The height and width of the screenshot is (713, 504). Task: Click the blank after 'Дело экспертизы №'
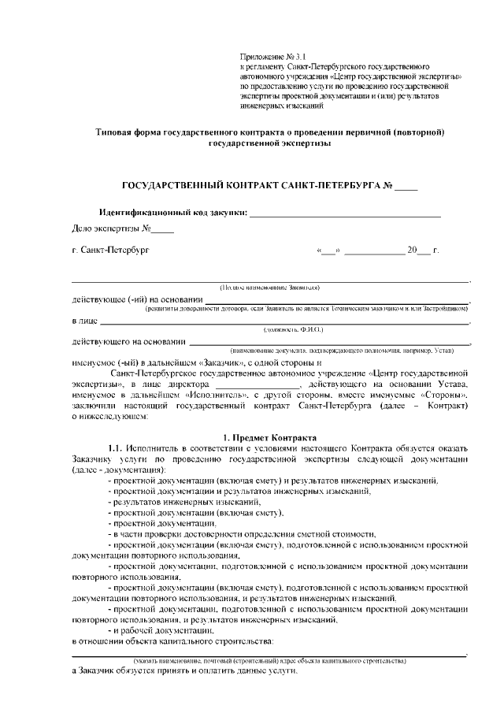(162, 230)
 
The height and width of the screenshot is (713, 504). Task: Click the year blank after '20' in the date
(424, 251)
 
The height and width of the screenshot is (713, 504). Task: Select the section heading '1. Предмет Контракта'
(269, 437)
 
